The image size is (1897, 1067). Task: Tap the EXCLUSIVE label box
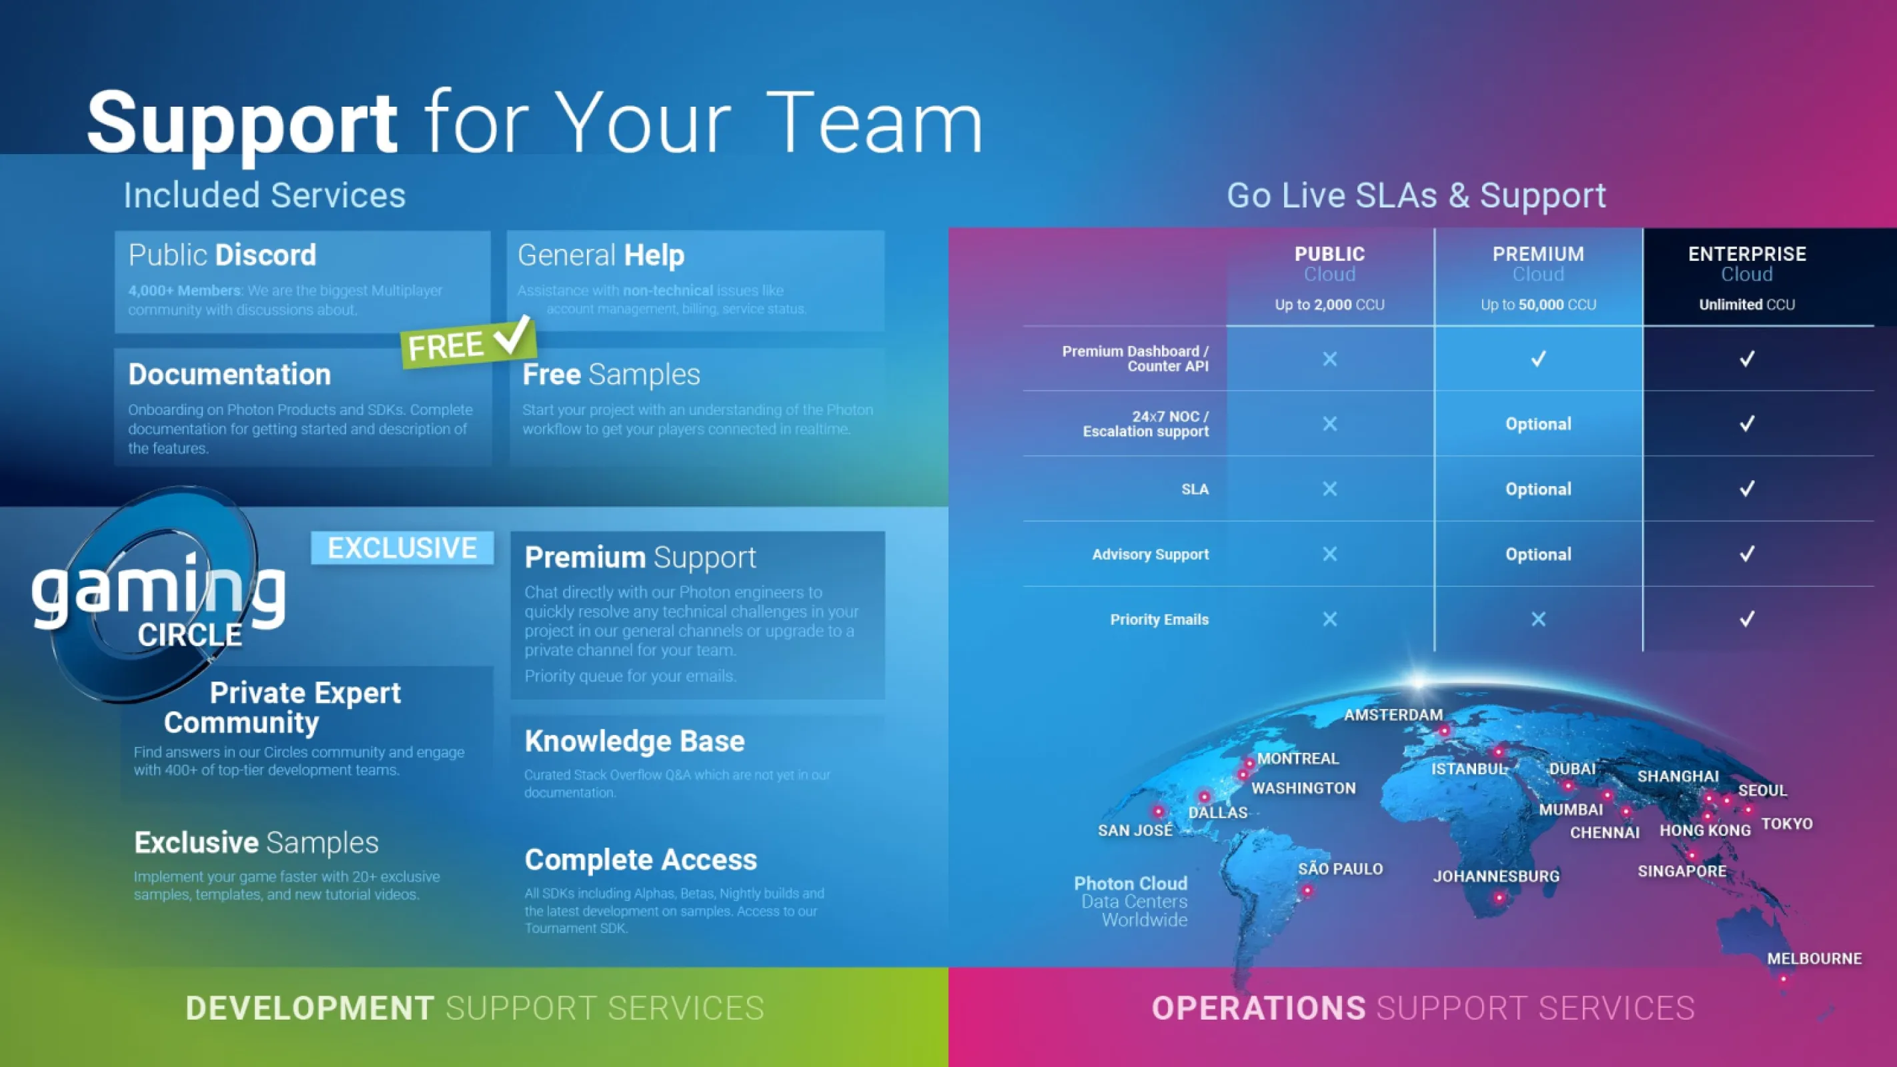402,548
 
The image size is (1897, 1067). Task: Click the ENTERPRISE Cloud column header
1747,277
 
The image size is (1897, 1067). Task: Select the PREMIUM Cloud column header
1537,277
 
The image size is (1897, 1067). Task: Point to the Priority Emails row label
1159,620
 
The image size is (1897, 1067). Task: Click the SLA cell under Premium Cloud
1537,489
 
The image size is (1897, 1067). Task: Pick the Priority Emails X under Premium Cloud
1537,620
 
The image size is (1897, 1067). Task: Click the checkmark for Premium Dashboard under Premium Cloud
1537,359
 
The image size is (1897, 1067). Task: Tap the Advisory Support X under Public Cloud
1329,554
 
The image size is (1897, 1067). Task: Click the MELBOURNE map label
1814,958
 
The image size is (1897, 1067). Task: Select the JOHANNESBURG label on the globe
1495,876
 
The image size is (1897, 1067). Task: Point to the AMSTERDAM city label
1393,714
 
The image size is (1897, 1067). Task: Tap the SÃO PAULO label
1339,868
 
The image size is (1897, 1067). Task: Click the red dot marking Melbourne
1783,978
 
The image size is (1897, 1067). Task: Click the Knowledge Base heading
634,741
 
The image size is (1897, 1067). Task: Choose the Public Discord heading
221,255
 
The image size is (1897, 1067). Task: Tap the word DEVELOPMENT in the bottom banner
309,1008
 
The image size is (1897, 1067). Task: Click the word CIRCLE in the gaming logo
189,635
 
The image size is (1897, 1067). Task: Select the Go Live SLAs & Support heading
1415,195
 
